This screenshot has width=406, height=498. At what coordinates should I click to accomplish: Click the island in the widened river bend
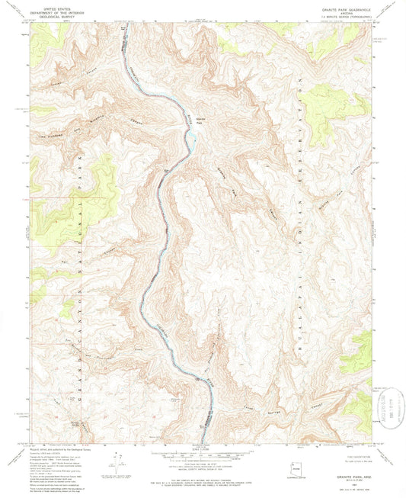tap(193, 140)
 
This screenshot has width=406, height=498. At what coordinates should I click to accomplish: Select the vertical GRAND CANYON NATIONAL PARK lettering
tap(82, 252)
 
